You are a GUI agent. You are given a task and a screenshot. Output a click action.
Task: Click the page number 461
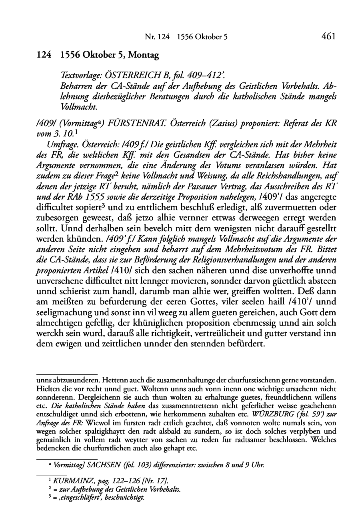[328, 37]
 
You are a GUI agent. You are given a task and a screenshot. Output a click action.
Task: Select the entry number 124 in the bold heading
[42, 56]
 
